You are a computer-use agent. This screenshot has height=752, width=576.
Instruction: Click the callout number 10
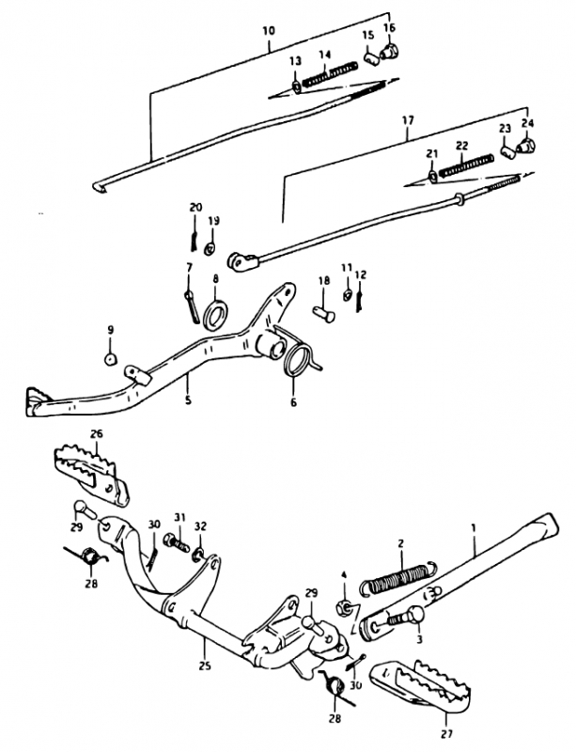point(269,31)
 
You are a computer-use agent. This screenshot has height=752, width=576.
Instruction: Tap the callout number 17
point(408,120)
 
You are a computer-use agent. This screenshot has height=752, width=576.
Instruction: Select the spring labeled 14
point(330,75)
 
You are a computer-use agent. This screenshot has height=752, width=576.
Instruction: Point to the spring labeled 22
point(466,165)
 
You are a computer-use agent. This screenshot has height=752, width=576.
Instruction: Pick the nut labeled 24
point(526,144)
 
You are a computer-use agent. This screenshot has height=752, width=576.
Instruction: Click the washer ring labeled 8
point(215,314)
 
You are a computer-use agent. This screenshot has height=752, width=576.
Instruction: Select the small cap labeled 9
point(111,359)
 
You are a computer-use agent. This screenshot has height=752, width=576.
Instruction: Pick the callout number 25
point(204,666)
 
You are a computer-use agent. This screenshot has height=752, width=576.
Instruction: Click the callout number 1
point(474,528)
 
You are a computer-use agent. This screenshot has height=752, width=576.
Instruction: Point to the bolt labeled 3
point(405,617)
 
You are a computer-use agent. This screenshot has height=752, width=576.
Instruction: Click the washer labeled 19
point(210,248)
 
